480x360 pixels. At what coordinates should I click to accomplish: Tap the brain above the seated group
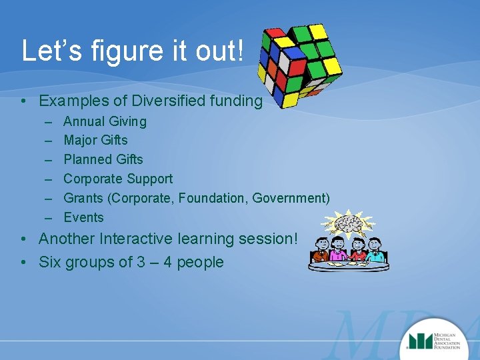click(x=348, y=225)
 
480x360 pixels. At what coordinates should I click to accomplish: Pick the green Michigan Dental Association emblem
click(x=419, y=341)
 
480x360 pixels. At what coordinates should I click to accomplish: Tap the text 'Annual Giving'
click(x=105, y=121)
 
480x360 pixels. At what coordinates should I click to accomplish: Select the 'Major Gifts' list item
click(x=95, y=140)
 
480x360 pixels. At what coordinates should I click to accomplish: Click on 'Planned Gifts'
click(x=103, y=159)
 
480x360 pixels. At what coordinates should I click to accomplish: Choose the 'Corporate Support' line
click(x=118, y=179)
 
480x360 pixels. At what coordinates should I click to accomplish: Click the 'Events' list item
click(x=83, y=217)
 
